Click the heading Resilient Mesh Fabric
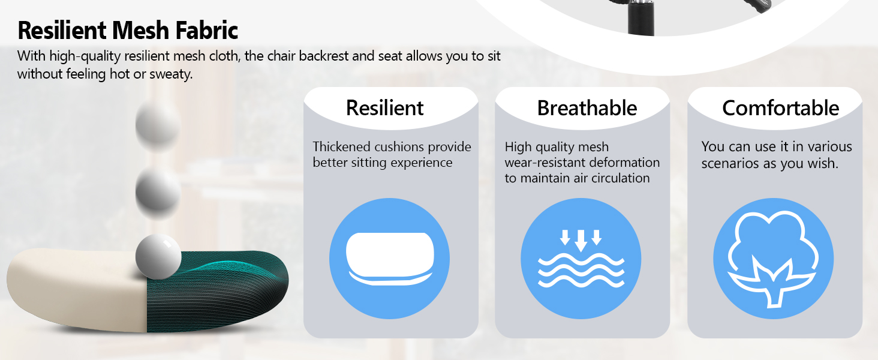coord(128,30)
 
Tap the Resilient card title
coord(384,108)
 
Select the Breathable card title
coord(587,108)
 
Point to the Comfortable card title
coord(780,108)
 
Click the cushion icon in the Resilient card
coord(389,259)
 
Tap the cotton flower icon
coord(773,259)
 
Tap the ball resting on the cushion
coord(158,257)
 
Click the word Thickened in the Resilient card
coord(341,147)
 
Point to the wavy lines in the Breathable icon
coord(581,270)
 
